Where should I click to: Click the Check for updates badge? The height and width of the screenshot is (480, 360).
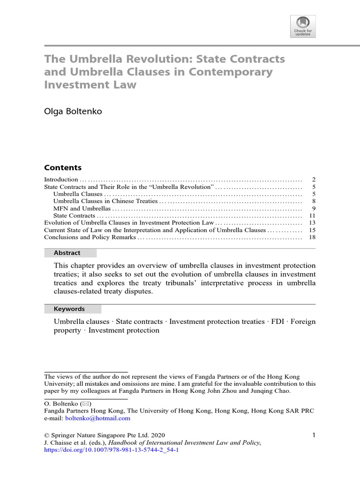tap(303, 26)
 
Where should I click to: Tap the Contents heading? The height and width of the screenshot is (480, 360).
tap(63, 167)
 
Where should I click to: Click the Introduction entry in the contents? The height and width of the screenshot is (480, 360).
tap(61, 180)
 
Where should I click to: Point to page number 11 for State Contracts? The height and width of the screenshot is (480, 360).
tap(313, 216)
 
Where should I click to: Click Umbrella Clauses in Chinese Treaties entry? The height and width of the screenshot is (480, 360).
tap(106, 201)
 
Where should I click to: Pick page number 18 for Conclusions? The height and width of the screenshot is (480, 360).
tap(313, 237)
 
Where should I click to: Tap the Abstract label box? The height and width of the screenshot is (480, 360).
tap(70, 253)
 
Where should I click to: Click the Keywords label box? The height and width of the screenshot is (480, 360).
tap(73, 309)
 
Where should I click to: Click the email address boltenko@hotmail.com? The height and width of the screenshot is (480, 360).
tap(98, 418)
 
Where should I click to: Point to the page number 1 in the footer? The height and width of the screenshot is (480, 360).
tap(314, 435)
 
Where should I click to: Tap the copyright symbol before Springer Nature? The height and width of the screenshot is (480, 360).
tap(46, 435)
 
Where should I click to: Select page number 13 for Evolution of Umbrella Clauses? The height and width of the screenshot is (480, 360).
tap(313, 223)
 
